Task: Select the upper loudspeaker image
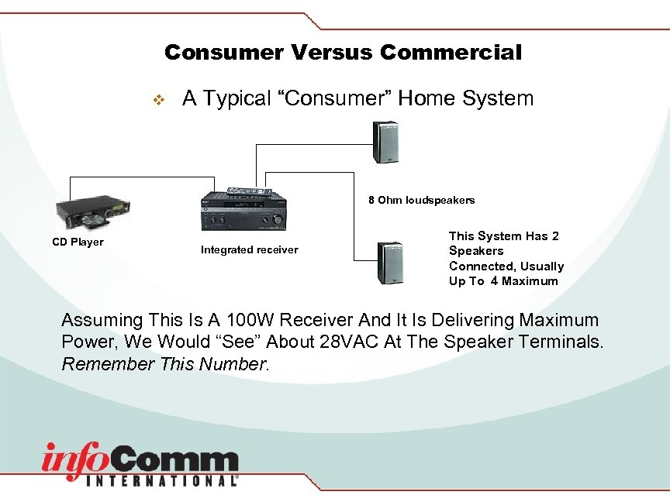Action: click(385, 142)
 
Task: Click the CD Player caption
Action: click(78, 242)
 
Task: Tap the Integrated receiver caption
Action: click(249, 249)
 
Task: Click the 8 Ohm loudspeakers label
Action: click(421, 200)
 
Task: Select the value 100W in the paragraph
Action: click(260, 320)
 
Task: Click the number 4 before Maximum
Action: click(494, 281)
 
